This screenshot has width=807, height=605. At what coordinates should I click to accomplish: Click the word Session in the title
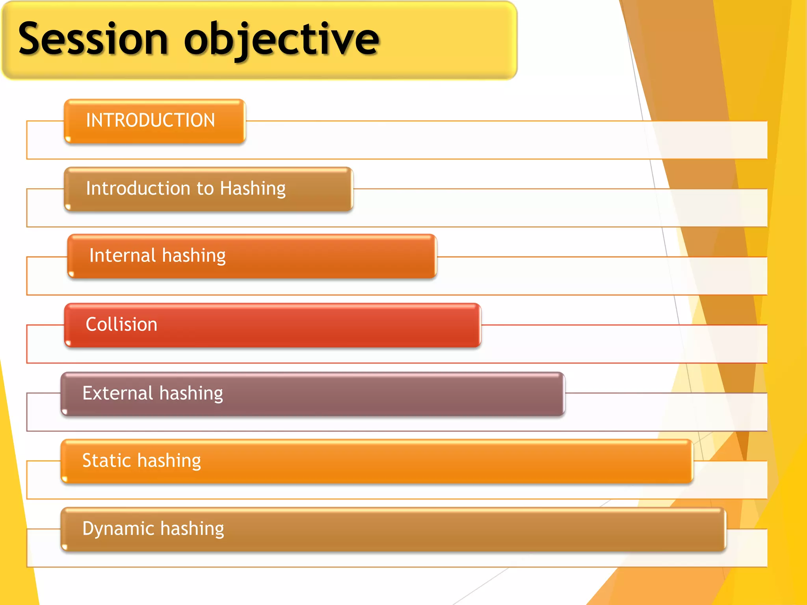pos(93,39)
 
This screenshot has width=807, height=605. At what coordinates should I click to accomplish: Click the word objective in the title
pos(281,39)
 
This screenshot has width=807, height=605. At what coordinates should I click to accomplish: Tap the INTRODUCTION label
pos(151,120)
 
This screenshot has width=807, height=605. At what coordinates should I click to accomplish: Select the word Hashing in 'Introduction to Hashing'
pos(253,188)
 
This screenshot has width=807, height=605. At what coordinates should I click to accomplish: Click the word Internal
pos(123,255)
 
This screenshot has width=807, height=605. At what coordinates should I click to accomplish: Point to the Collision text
pos(121,325)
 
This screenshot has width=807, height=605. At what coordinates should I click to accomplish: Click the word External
pos(117,393)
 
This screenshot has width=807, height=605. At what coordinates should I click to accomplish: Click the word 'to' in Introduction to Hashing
pos(205,188)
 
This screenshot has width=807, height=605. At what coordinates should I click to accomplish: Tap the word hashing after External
pos(191,393)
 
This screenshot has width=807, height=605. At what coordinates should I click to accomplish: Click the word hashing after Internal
pos(193,255)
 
